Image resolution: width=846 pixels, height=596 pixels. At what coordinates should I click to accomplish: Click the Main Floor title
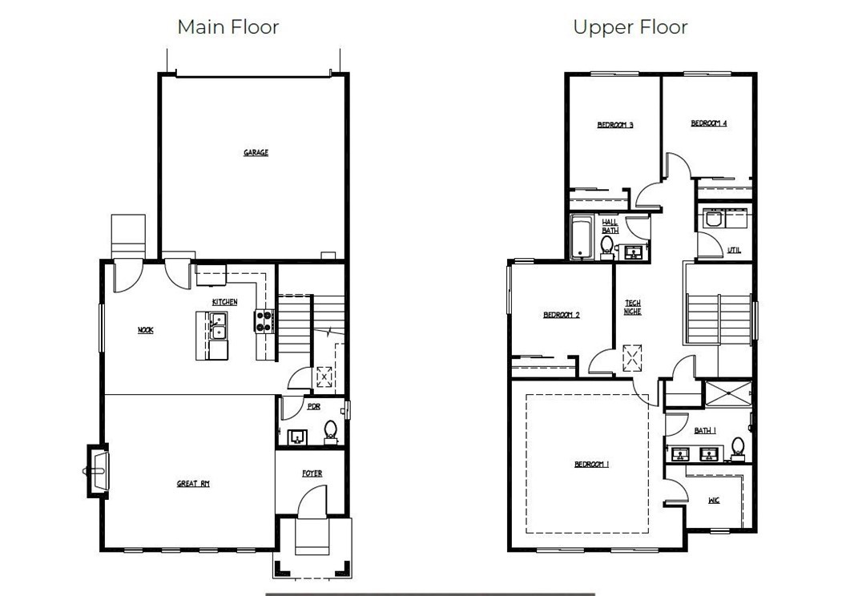[x=228, y=27]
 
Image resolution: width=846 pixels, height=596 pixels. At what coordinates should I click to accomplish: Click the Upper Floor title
[x=630, y=27]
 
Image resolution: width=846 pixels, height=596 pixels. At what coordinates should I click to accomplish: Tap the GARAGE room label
[x=256, y=153]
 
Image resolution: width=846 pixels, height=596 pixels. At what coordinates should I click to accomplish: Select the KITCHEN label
[x=224, y=302]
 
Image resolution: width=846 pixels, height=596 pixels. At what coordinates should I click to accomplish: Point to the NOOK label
[x=146, y=330]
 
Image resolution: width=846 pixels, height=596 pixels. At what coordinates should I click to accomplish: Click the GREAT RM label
[x=193, y=484]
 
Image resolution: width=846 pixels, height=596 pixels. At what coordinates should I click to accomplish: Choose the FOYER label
[x=312, y=473]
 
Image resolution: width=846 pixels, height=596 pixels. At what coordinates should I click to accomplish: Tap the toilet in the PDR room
[x=330, y=433]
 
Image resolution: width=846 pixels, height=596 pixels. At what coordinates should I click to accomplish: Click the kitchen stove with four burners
[x=264, y=321]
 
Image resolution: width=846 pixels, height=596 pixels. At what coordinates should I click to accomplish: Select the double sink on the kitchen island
[x=219, y=326]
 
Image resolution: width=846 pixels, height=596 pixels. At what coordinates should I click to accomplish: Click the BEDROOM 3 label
[x=615, y=125]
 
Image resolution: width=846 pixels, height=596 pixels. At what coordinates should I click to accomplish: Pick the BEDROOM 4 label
[x=709, y=123]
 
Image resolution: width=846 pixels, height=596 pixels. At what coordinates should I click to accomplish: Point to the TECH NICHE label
[x=632, y=308]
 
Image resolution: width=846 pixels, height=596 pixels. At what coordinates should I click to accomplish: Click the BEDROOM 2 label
[x=561, y=315]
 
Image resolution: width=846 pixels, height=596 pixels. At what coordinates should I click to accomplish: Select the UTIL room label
[x=735, y=250]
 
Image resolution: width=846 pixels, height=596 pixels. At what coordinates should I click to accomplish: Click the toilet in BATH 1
[x=738, y=449]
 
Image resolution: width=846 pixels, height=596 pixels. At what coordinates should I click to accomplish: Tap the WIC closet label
[x=714, y=501]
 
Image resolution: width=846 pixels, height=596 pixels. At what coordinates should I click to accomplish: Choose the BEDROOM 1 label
[x=591, y=465]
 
